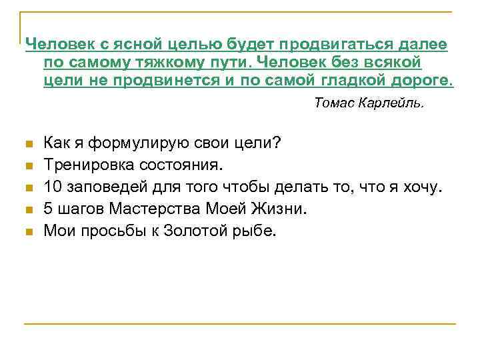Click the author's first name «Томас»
point(333,103)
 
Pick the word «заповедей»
point(99,187)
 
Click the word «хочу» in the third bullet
point(421,187)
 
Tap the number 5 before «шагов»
point(47,209)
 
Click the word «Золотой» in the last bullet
point(191,231)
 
